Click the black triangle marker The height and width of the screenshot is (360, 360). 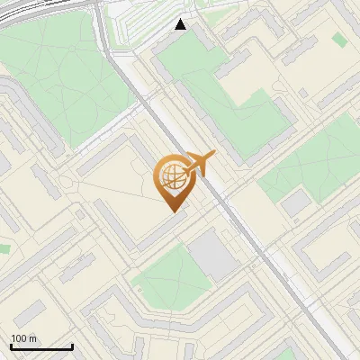(x=181, y=24)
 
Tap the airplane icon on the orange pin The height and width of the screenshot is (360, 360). (x=199, y=163)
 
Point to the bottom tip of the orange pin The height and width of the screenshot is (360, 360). (x=172, y=211)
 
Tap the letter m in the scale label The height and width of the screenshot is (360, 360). (x=33, y=338)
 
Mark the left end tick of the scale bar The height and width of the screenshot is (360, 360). (x=11, y=346)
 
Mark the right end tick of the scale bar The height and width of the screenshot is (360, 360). (x=72, y=346)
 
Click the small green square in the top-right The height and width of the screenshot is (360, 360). (x=339, y=40)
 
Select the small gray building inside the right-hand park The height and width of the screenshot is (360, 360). (x=295, y=203)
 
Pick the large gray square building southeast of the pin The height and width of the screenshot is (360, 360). (x=212, y=254)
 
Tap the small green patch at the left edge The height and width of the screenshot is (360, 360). (x=4, y=247)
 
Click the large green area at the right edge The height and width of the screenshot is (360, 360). (x=315, y=162)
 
